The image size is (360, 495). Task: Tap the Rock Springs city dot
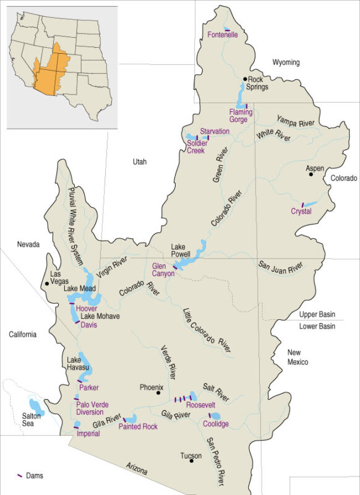click(246, 79)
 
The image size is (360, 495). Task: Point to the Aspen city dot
click(311, 174)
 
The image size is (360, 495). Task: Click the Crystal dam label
click(301, 212)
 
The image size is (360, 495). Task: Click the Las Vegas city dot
click(45, 284)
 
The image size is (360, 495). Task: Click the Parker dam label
click(89, 388)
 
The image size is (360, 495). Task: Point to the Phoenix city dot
click(159, 392)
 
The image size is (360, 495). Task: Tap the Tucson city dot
click(191, 460)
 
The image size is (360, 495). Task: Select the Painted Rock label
click(139, 427)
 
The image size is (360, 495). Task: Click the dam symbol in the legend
click(20, 475)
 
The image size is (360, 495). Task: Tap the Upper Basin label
click(317, 314)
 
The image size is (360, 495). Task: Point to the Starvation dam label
click(215, 131)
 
